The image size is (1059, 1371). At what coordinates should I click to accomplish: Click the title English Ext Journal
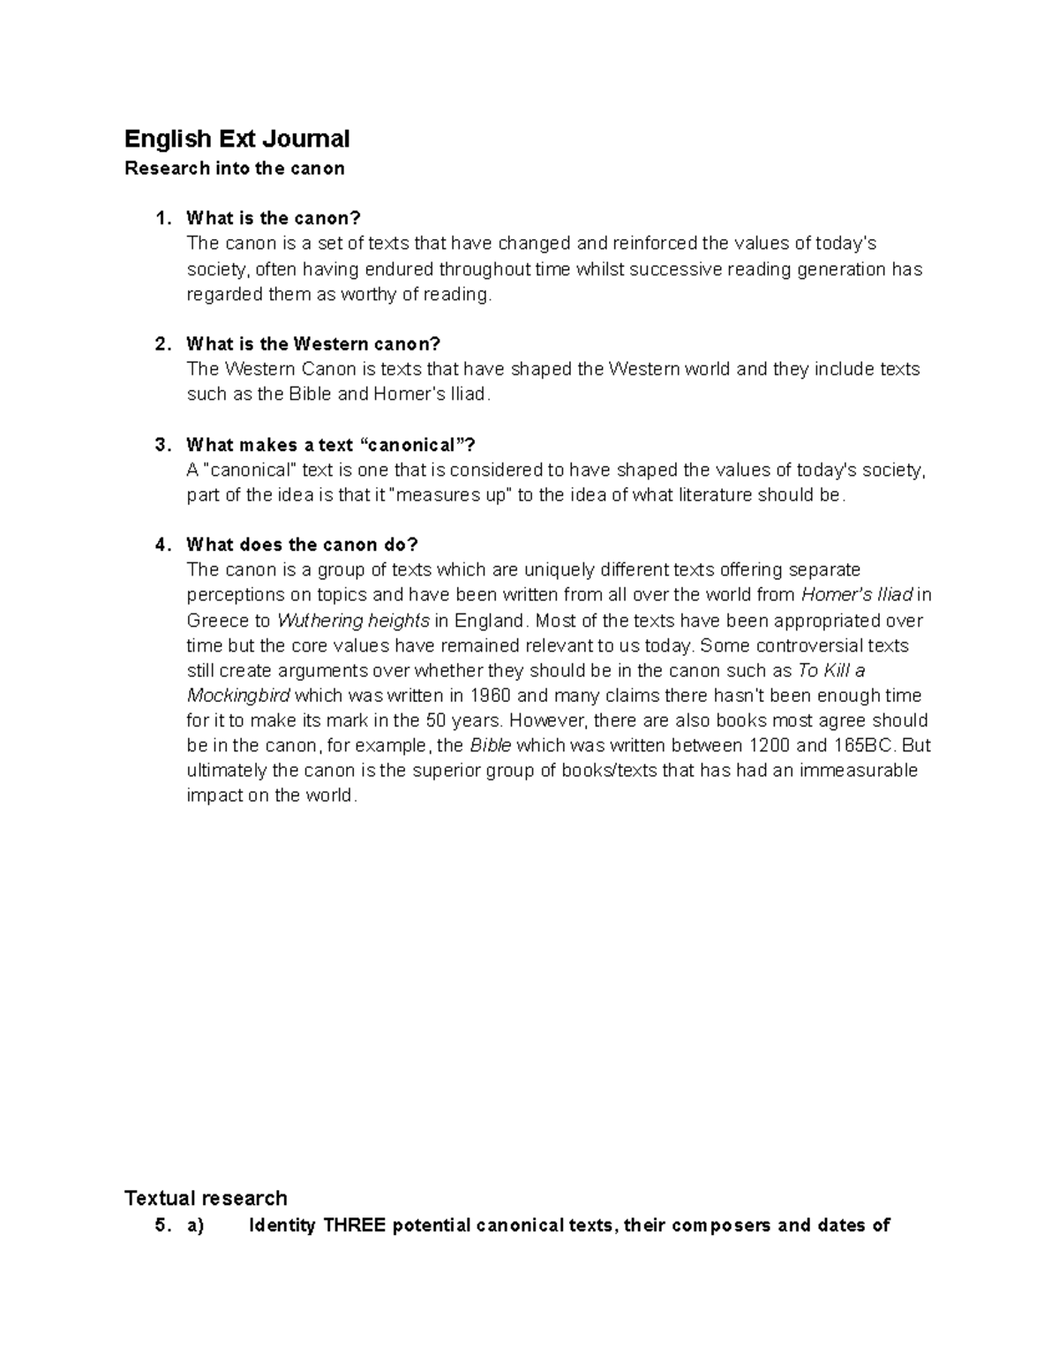237,139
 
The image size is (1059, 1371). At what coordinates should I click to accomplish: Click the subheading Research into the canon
234,168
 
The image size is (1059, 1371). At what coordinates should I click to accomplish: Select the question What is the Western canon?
312,343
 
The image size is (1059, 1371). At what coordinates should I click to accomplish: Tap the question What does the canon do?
302,545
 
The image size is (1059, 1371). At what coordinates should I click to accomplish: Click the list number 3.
161,445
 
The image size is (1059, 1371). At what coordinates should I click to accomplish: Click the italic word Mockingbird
238,696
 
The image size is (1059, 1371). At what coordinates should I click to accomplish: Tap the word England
489,621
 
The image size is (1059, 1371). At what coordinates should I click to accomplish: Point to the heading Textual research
206,1198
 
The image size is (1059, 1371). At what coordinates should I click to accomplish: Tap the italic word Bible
491,746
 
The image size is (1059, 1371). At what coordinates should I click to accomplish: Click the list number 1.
161,218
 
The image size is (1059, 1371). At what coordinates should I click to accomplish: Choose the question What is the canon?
274,218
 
